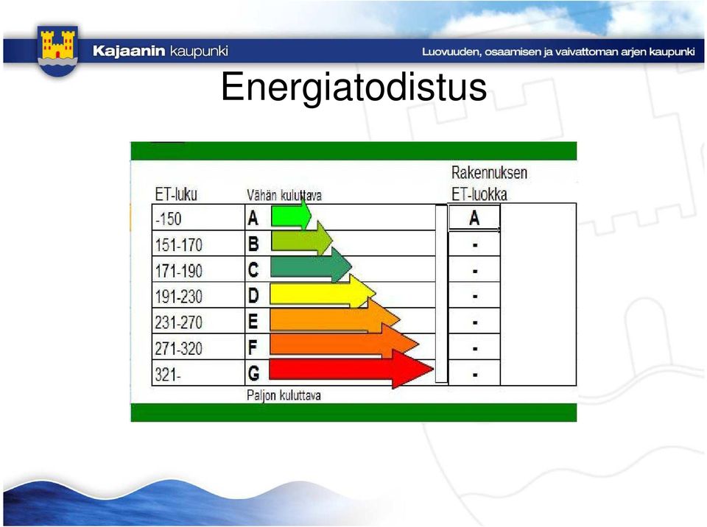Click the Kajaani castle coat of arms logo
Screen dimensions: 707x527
coord(57,50)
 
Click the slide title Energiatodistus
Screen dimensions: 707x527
coord(354,87)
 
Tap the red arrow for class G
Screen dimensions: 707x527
coord(351,369)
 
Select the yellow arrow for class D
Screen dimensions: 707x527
coord(323,292)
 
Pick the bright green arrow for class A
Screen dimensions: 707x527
coord(292,215)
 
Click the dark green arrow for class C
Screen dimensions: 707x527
coord(311,266)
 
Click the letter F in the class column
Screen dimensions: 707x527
coord(253,347)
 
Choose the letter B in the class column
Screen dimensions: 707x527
coord(253,244)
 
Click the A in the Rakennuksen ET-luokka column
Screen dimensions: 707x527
coord(474,218)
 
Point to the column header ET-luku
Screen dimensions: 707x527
coord(176,194)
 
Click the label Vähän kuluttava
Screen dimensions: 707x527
coord(284,195)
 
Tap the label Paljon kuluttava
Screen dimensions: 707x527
coord(284,395)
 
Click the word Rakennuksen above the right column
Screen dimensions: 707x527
coord(489,173)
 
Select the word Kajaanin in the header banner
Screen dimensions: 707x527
coord(129,51)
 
